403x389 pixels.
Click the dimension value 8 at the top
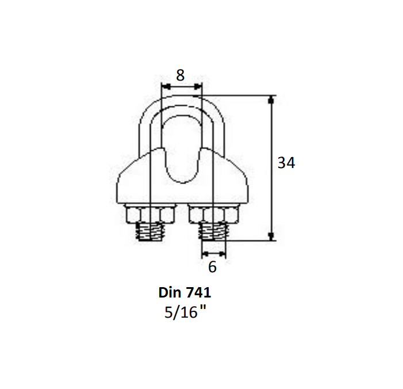pyautogui.click(x=181, y=75)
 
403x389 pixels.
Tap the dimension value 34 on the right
pyautogui.click(x=286, y=163)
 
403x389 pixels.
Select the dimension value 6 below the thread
pyautogui.click(x=212, y=267)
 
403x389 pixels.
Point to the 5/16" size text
pyautogui.click(x=185, y=313)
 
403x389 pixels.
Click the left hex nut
pyautogui.click(x=149, y=215)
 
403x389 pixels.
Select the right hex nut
pyautogui.click(x=213, y=215)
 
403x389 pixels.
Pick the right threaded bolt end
pyautogui.click(x=213, y=232)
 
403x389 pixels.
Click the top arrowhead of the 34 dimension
pyautogui.click(x=271, y=99)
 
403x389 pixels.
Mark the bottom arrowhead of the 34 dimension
pyautogui.click(x=271, y=237)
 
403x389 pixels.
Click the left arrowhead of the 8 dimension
pyautogui.click(x=163, y=86)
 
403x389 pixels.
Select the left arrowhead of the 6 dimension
pyautogui.click(x=203, y=253)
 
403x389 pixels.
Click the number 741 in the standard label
pyautogui.click(x=200, y=292)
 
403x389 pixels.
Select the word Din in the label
pyautogui.click(x=168, y=292)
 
